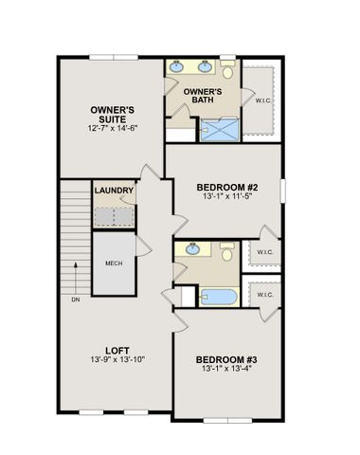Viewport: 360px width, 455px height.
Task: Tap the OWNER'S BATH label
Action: (202, 97)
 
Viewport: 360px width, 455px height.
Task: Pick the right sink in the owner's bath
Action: (205, 67)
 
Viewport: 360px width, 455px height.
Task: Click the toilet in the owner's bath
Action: (228, 72)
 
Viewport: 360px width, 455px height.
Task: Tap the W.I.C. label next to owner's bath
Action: (263, 99)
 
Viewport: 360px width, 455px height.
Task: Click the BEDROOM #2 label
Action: (227, 188)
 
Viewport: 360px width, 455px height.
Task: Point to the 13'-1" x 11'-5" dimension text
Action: (227, 199)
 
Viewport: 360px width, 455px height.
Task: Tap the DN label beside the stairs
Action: (75, 300)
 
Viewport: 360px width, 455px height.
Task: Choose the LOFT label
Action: (117, 351)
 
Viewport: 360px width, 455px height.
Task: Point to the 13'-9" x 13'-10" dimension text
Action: (117, 362)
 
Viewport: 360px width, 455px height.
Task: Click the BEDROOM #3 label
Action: (227, 359)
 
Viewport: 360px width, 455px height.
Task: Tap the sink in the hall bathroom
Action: (194, 248)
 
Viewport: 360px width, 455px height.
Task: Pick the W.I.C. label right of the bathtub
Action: (265, 295)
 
